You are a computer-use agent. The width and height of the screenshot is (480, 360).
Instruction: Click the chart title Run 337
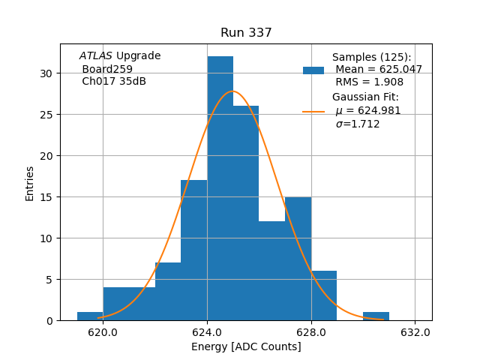point(246,33)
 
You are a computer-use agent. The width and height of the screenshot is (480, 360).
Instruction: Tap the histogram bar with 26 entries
point(246,214)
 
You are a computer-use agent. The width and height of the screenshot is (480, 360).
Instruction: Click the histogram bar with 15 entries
point(298,259)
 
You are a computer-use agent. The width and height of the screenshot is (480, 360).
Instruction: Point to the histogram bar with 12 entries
point(271,271)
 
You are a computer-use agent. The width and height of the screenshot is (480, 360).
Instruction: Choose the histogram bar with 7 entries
point(168,292)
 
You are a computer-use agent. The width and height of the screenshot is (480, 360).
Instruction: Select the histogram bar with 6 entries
point(324,295)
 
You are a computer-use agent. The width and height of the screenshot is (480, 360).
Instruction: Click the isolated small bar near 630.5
point(376,316)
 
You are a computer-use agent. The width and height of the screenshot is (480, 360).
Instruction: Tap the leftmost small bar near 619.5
point(90,316)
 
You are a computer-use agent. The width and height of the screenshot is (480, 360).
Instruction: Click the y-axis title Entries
point(30,183)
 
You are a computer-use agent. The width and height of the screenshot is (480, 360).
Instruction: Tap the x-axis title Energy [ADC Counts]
point(246,346)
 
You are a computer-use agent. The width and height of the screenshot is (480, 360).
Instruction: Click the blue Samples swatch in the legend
point(313,70)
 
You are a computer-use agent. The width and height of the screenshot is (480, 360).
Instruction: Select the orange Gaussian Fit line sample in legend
point(313,112)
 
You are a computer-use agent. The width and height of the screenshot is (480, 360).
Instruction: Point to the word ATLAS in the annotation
point(96,56)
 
